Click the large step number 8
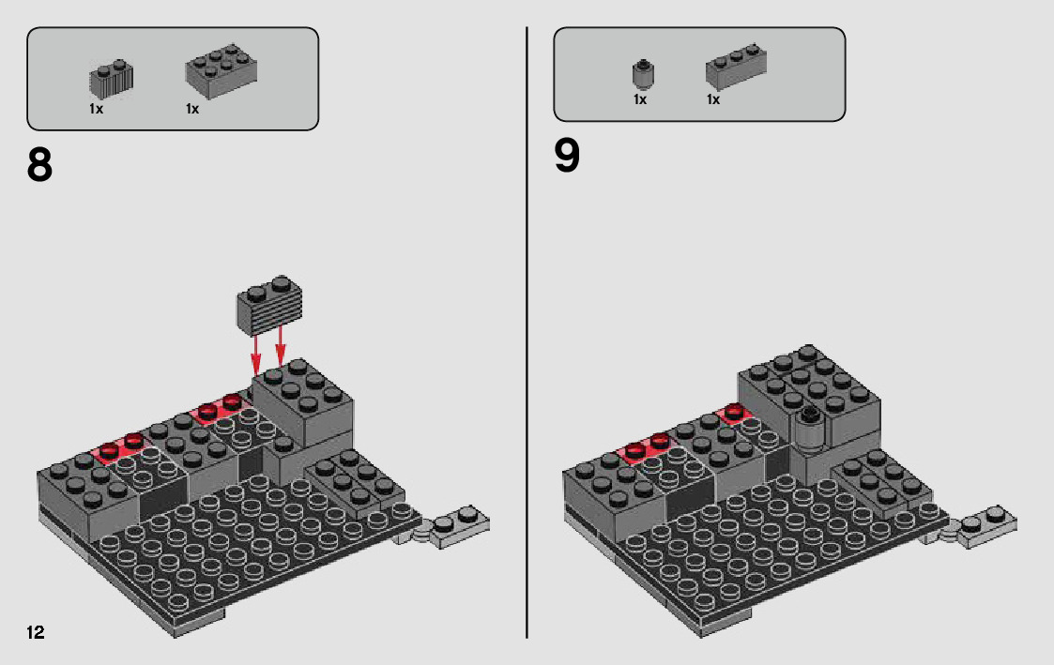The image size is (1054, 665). (39, 165)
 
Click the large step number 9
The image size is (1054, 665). (567, 157)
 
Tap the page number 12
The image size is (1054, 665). (36, 632)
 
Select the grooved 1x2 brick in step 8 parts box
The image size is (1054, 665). (111, 80)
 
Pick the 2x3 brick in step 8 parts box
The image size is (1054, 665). (221, 70)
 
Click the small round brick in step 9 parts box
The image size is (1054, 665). (643, 73)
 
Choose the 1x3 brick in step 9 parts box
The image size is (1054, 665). (736, 67)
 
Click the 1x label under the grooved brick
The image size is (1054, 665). (96, 109)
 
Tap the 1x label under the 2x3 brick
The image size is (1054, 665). (192, 109)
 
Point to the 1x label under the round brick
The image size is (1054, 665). (640, 99)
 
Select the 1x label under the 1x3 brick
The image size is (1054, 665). (713, 99)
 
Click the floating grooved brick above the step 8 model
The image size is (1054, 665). (268, 305)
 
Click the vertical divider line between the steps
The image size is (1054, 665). (527, 332)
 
